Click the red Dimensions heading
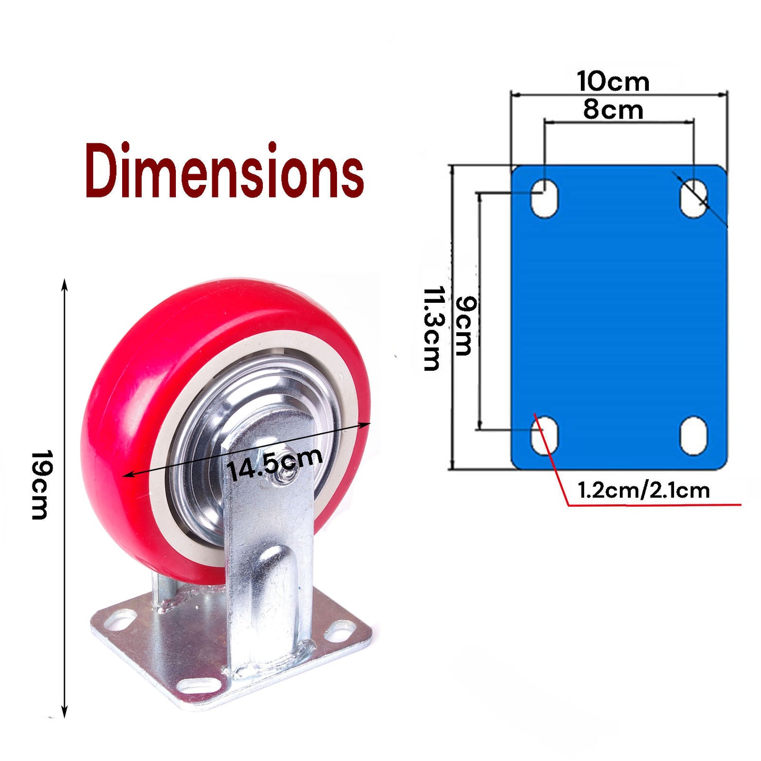coord(224,171)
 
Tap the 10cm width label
coord(613,82)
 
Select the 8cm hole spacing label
coord(613,110)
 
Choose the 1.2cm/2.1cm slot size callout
coord(644,490)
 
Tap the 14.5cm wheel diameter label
coord(274,463)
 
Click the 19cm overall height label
coord(39,485)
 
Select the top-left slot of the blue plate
coord(545,198)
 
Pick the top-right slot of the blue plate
coord(694,198)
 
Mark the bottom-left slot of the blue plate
coord(545,436)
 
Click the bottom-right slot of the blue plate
coord(694,436)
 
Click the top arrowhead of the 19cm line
coord(65,284)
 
